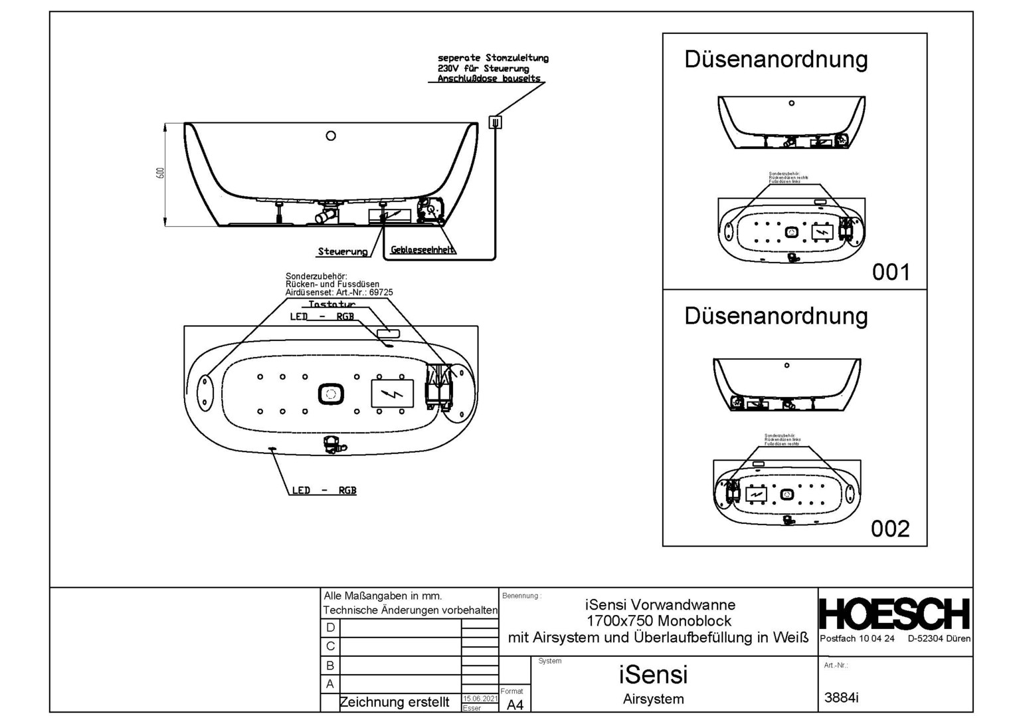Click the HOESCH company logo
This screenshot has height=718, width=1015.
[x=894, y=614]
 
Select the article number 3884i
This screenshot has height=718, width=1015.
[x=841, y=697]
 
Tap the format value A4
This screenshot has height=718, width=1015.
[x=515, y=705]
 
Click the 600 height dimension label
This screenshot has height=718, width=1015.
[x=159, y=174]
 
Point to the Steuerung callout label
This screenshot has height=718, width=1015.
[x=342, y=251]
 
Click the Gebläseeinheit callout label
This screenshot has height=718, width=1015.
[x=422, y=250]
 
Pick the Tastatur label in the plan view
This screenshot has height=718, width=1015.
[x=331, y=304]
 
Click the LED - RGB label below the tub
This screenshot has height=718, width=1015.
[x=323, y=491]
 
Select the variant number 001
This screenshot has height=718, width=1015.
[x=890, y=272]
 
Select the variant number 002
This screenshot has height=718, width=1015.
[x=890, y=529]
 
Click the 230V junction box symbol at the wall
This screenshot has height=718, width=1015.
[x=495, y=122]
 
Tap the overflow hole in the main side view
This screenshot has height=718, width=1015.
[x=331, y=136]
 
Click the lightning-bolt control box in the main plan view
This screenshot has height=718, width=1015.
[x=392, y=394]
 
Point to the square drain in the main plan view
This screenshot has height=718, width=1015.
[x=331, y=394]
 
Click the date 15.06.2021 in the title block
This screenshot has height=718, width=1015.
[x=480, y=699]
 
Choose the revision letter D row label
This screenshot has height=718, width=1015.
[x=330, y=628]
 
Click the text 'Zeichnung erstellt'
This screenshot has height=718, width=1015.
[x=394, y=702]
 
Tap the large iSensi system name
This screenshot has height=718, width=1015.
[x=653, y=675]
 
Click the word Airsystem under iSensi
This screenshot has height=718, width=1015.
[x=653, y=699]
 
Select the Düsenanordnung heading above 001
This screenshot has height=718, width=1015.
[x=776, y=59]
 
